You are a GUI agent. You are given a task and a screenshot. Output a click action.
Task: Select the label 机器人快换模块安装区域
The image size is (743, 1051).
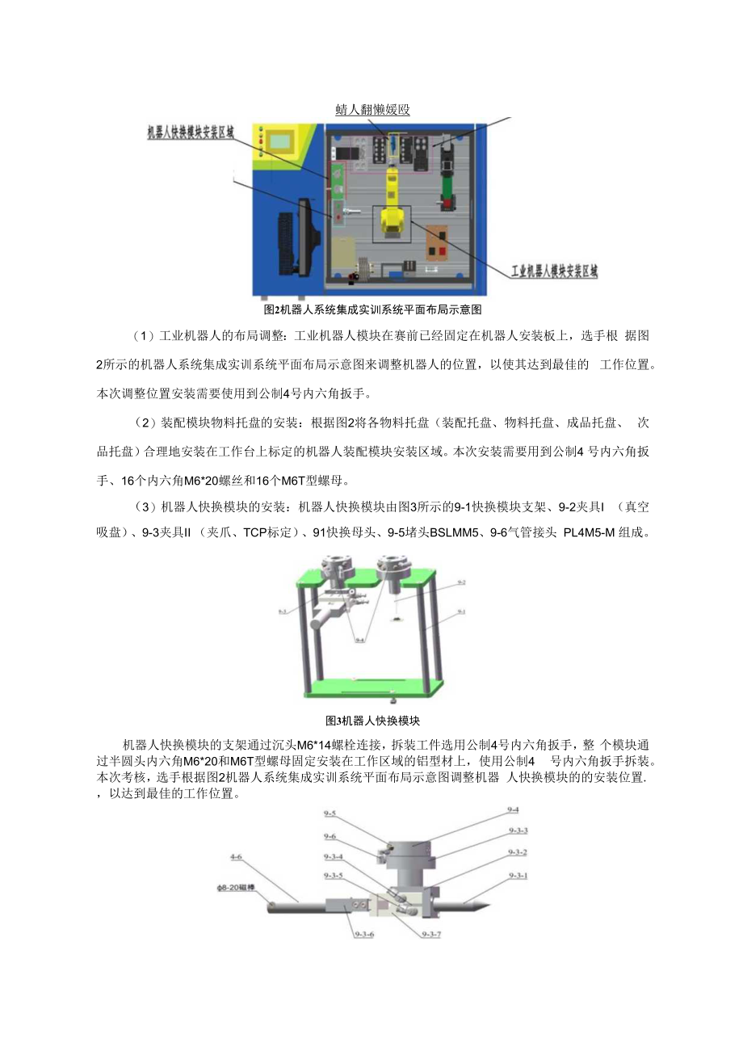[191, 132]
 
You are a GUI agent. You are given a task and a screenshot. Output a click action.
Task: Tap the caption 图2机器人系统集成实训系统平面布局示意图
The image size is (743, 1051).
[372, 309]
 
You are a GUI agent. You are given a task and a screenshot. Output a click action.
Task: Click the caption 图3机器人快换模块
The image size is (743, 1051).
[372, 721]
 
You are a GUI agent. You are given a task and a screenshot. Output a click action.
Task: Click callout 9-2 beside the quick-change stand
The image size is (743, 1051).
[461, 582]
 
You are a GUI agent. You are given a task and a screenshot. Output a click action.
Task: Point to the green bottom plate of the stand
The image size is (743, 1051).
[372, 687]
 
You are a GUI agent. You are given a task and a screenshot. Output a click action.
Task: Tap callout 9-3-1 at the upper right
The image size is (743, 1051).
[518, 875]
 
